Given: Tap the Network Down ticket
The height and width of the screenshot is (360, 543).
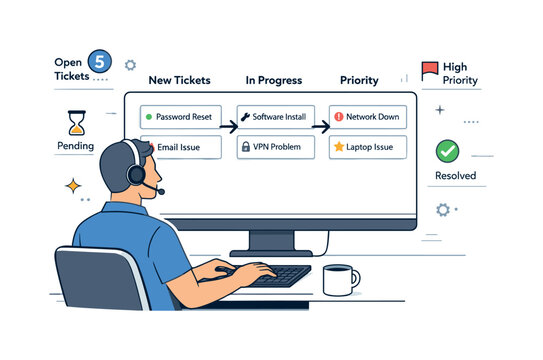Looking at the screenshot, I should tap(367, 117).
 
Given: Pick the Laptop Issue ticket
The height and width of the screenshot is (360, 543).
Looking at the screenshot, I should tap(367, 147).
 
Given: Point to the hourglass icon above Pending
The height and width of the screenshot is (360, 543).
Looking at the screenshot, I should tap(76, 122).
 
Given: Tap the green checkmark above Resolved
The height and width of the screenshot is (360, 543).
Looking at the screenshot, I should tap(449, 151).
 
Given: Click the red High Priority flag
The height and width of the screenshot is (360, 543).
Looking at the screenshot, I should tap(430, 70).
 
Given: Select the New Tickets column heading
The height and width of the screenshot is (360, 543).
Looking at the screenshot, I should tap(180, 80).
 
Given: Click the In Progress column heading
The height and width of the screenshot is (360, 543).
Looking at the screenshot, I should tap(274, 80).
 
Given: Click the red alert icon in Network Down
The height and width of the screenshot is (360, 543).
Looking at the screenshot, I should tap(338, 117).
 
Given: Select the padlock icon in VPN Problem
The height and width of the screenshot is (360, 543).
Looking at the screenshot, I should tap(245, 147).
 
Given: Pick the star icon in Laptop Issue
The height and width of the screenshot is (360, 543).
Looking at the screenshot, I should tap(338, 147).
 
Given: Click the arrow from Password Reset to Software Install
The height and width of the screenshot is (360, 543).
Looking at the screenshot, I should tap(227, 127).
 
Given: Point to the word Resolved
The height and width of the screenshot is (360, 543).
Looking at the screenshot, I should tap(455, 176).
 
